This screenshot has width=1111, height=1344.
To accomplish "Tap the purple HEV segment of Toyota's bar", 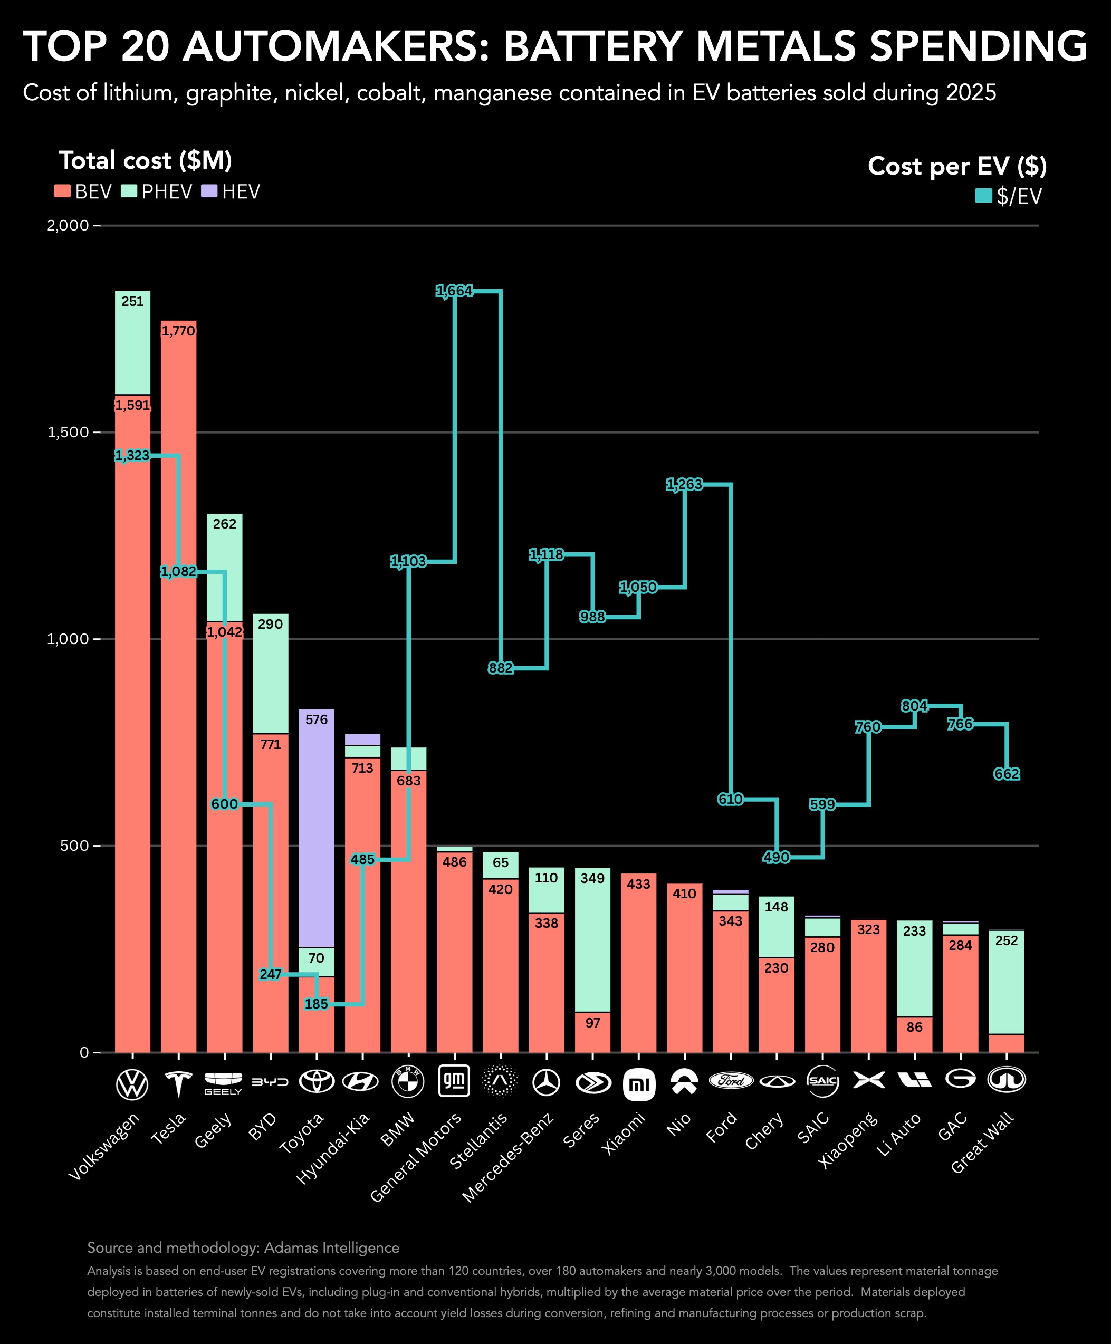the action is (x=316, y=832).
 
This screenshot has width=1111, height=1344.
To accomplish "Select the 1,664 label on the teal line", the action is (x=454, y=291).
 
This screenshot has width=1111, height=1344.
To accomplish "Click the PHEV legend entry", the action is (x=157, y=191).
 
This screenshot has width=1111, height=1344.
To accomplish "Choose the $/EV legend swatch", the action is (x=983, y=195).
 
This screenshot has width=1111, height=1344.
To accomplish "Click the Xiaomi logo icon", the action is (x=639, y=1084).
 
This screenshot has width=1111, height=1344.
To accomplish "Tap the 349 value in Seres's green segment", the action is (x=592, y=878).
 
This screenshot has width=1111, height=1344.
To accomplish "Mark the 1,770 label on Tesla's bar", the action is (x=178, y=331).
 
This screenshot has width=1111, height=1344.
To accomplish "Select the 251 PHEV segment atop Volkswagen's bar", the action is (x=132, y=342).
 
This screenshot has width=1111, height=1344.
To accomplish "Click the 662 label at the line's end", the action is (x=1006, y=774).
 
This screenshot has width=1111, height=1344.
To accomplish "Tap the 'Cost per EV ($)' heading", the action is (x=957, y=166).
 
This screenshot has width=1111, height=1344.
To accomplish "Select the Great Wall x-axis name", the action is (x=982, y=1143).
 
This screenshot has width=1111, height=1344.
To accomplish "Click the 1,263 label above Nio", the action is (x=684, y=484).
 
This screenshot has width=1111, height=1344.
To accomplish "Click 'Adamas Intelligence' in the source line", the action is (x=331, y=1248).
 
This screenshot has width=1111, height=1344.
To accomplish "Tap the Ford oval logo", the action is (x=730, y=1081).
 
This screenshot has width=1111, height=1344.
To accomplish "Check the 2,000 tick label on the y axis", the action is (x=67, y=225).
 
